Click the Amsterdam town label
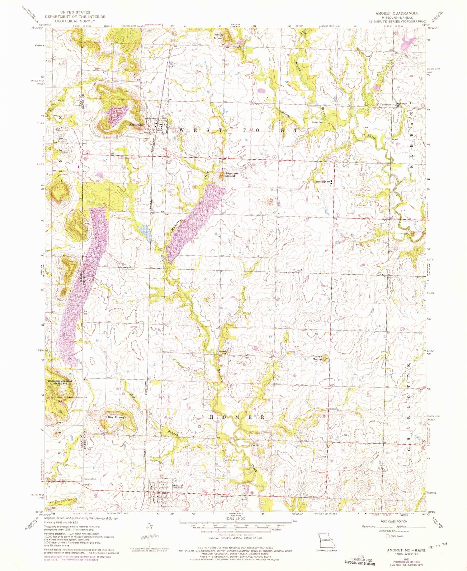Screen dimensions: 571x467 click(137, 125)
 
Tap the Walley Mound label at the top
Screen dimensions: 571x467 click(219, 36)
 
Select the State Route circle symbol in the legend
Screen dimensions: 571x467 click(388, 536)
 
